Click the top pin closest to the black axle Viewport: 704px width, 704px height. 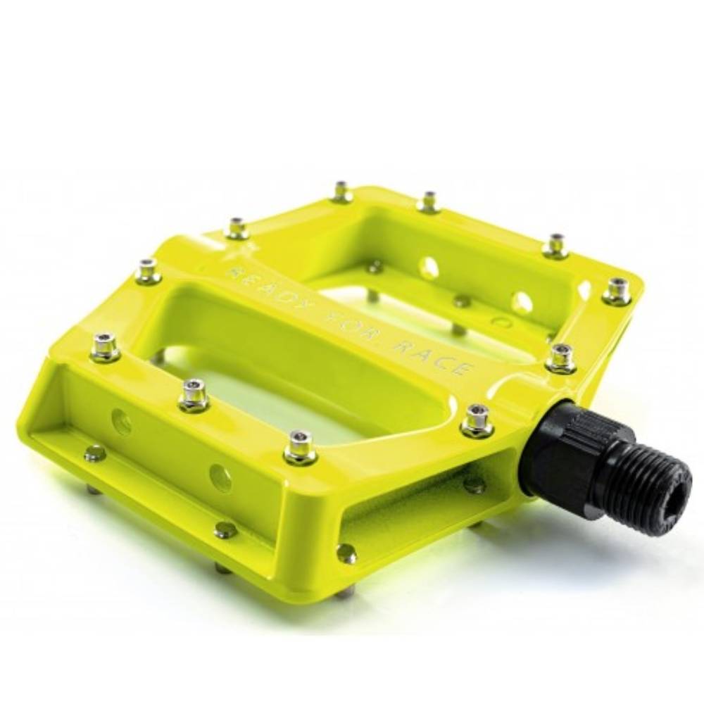click(x=477, y=420)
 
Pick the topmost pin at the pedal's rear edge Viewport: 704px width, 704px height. click(x=341, y=191)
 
